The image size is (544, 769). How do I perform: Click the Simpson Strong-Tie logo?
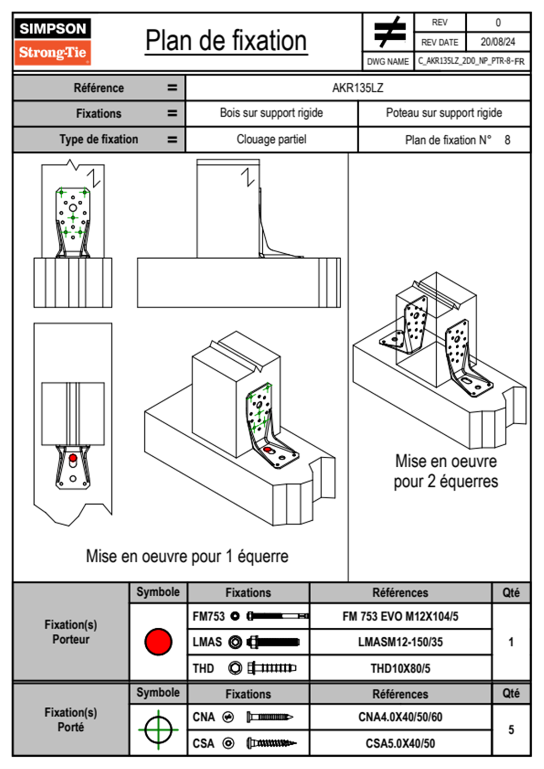click(53, 42)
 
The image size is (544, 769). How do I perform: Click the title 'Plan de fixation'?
click(226, 41)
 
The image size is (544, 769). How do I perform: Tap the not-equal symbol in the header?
click(389, 32)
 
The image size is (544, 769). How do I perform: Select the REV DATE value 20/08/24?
click(497, 42)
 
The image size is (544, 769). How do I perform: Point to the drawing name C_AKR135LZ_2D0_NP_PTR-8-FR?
click(471, 61)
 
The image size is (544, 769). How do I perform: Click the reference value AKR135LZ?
click(357, 88)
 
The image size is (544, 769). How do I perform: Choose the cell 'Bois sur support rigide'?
click(271, 113)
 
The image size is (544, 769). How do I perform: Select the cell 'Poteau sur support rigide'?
click(443, 113)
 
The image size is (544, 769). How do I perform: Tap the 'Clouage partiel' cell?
click(271, 139)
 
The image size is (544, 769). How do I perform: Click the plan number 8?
click(507, 140)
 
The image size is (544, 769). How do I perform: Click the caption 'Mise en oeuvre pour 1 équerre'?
click(187, 556)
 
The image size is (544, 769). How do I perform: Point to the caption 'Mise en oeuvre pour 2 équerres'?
click(446, 471)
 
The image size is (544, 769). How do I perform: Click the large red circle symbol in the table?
click(158, 641)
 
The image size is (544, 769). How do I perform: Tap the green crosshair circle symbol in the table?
click(158, 730)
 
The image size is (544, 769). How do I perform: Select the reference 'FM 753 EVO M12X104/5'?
click(400, 616)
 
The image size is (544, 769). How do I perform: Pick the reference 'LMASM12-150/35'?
click(400, 642)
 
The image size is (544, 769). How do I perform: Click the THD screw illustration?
click(272, 668)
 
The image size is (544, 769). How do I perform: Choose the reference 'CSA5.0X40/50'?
click(400, 743)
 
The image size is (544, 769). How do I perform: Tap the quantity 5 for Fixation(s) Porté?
click(511, 730)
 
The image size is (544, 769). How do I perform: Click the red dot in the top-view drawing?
click(73, 458)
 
